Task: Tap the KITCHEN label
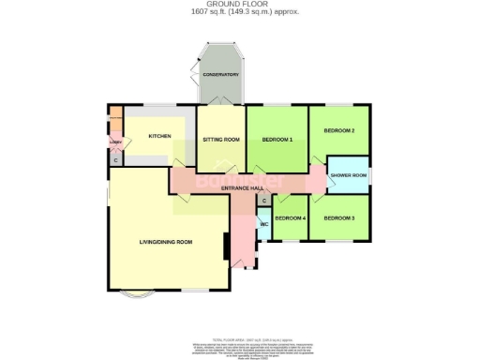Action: [x=159, y=137]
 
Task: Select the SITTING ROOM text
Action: [x=221, y=140]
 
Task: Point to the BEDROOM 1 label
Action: [x=277, y=140]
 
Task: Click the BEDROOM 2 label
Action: [x=338, y=130]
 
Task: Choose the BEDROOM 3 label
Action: [x=338, y=217]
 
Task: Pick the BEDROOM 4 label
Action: [x=291, y=217]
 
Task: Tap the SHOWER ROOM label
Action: [x=348, y=175]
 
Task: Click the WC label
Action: [x=264, y=225]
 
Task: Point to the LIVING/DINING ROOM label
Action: [x=165, y=242]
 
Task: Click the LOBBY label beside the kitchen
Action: [x=115, y=142]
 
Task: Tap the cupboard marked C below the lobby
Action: [x=115, y=160]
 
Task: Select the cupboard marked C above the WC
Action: [x=264, y=201]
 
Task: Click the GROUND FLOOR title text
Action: [x=239, y=5]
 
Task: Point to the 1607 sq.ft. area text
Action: [x=239, y=12]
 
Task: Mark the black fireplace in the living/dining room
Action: [x=225, y=247]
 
